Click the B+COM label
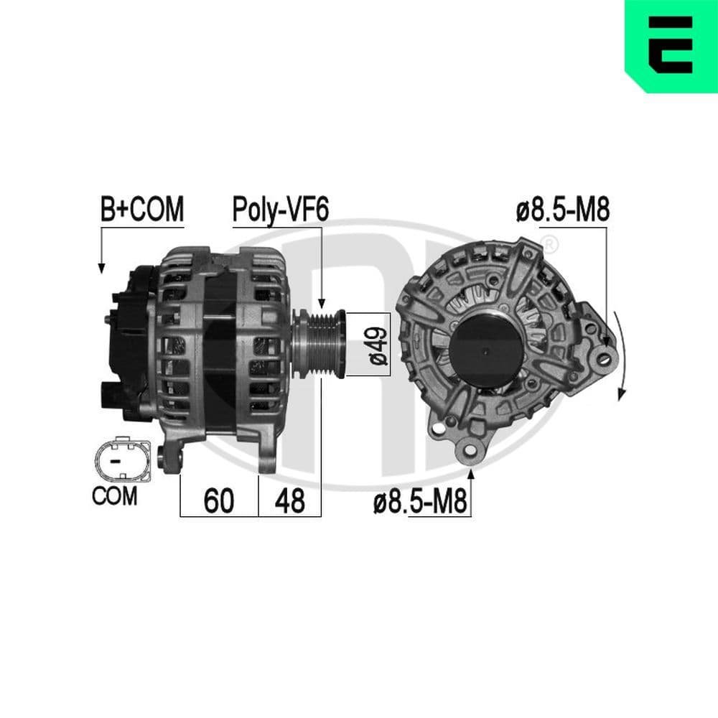(x=142, y=210)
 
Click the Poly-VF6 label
(x=280, y=210)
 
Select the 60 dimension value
(x=218, y=501)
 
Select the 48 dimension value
(x=289, y=501)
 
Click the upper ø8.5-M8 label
(x=562, y=210)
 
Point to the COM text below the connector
(x=114, y=496)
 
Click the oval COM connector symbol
(x=121, y=461)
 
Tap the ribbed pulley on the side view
(x=320, y=343)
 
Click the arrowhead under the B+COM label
(x=102, y=267)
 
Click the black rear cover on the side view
(x=129, y=345)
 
